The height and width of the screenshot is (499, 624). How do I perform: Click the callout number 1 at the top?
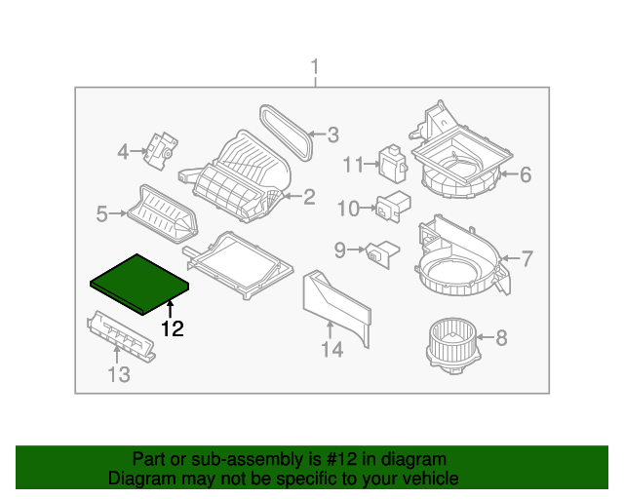point(314,66)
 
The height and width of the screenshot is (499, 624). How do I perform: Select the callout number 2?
point(309,197)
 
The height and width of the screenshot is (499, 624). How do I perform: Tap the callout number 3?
point(331,134)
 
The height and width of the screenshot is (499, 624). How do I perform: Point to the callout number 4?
point(123,151)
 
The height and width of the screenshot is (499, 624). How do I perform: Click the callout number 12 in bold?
point(172,329)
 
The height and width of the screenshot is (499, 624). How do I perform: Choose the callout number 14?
point(333,350)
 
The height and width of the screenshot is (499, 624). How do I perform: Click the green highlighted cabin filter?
point(139,281)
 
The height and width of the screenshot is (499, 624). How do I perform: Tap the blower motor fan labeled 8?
point(450,342)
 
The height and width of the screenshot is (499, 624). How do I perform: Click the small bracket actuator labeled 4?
point(158,146)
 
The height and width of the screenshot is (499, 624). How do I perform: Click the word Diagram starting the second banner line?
point(139,479)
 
